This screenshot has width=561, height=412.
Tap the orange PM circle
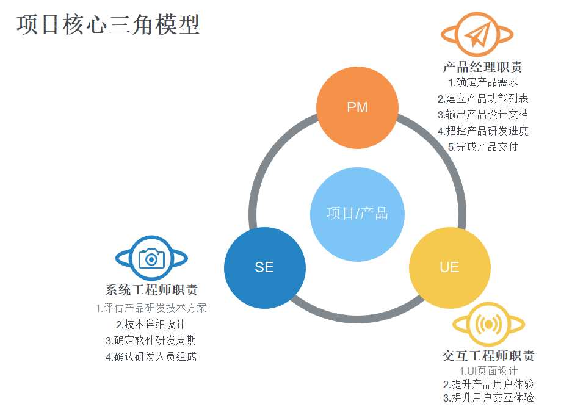click(357, 107)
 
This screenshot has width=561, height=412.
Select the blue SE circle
click(264, 267)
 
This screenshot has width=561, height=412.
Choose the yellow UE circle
click(449, 267)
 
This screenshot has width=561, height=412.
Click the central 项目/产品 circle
click(357, 214)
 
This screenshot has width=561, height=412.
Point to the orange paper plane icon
click(477, 34)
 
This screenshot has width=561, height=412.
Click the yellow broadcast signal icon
click(488, 323)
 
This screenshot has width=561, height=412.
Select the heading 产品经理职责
click(482, 67)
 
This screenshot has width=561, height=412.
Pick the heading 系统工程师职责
click(151, 291)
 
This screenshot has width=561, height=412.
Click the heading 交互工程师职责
click(488, 356)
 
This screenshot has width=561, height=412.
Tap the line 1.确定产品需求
click(483, 82)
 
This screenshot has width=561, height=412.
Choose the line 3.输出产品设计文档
click(483, 114)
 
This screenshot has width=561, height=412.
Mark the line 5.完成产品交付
click(483, 146)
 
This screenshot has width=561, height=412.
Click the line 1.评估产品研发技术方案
click(151, 308)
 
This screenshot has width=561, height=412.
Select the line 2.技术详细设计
click(151, 324)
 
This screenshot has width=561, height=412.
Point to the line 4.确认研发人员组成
click(151, 356)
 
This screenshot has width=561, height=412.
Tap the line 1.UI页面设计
click(488, 370)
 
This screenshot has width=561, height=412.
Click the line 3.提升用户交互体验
click(488, 398)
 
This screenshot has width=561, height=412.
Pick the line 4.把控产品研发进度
click(483, 131)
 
